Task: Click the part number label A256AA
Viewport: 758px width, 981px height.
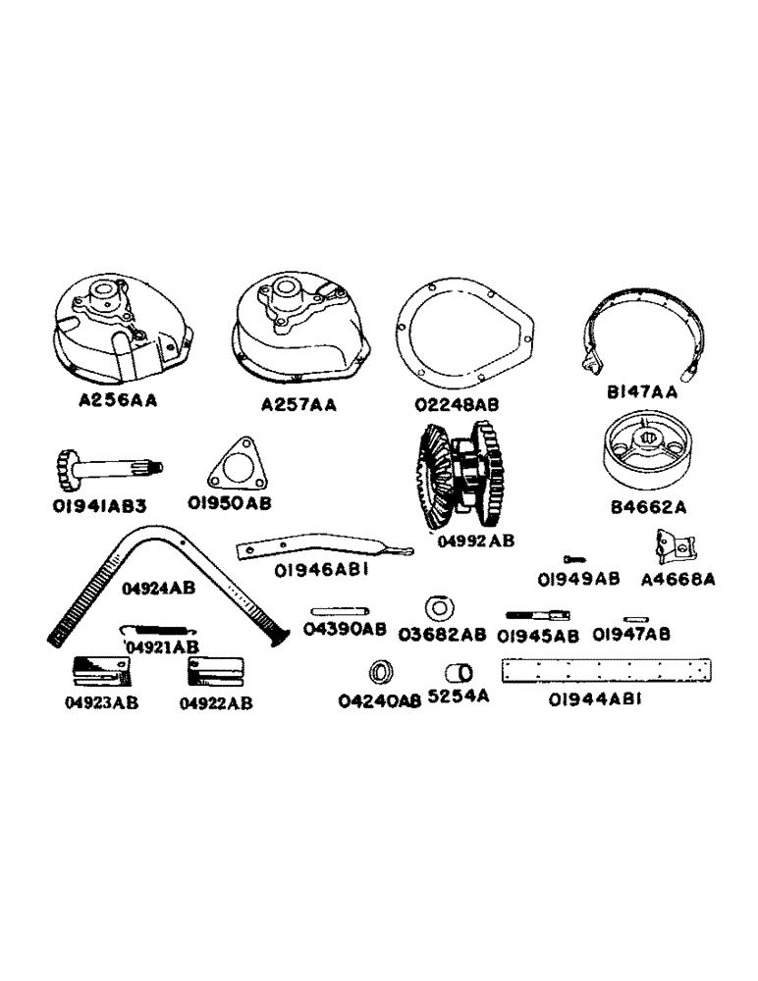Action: pyautogui.click(x=123, y=401)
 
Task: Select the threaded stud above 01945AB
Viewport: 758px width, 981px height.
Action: pyautogui.click(x=534, y=615)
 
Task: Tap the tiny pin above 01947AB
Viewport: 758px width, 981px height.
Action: pyautogui.click(x=633, y=618)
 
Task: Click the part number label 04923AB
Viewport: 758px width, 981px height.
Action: pyautogui.click(x=103, y=702)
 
